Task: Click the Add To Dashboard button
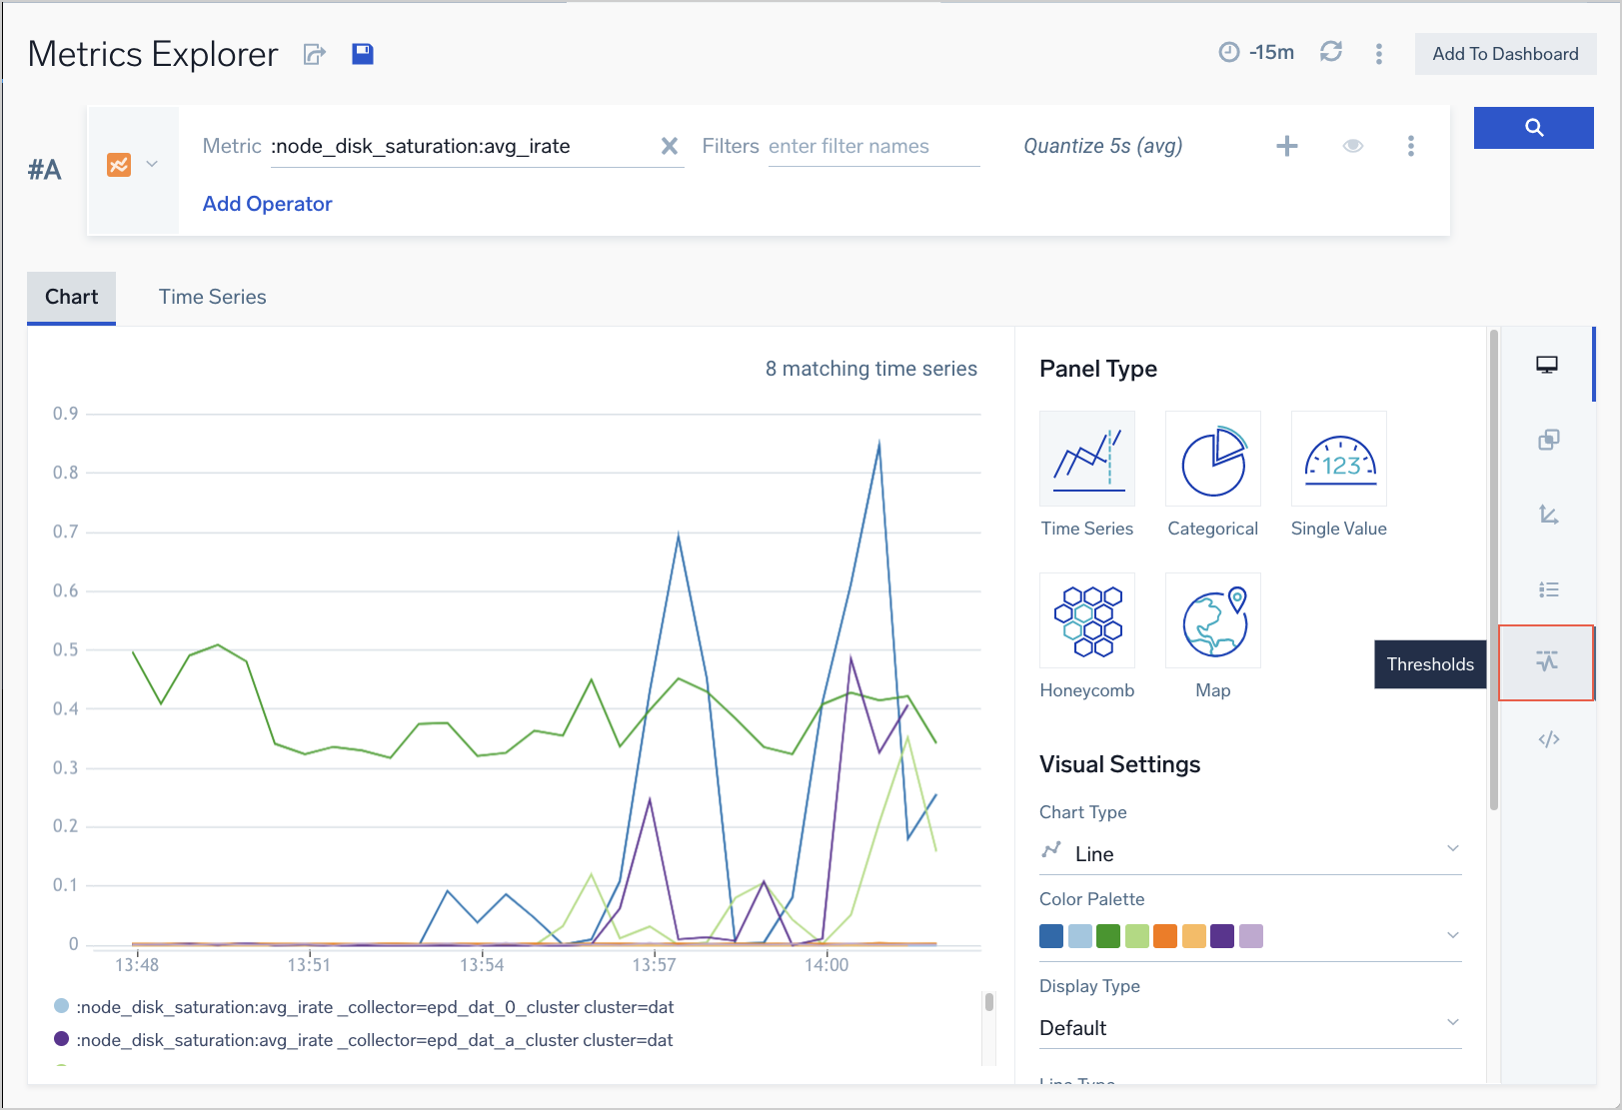tap(1505, 54)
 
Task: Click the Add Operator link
tap(267, 204)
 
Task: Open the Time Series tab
tap(212, 297)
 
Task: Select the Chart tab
tap(71, 297)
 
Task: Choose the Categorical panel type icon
tap(1212, 460)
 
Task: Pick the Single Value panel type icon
tap(1339, 460)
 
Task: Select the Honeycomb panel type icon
tap(1087, 620)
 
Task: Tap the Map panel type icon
tap(1212, 620)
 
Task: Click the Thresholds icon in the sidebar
tap(1546, 662)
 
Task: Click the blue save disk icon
tap(363, 54)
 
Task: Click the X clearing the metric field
tap(670, 147)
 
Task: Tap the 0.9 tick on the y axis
tap(66, 414)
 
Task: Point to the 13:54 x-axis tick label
tap(482, 965)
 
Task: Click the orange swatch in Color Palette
tap(1165, 936)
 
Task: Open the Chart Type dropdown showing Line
tap(1249, 853)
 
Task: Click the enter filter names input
tap(872, 147)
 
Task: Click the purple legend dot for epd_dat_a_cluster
tap(62, 1039)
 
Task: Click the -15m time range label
tap(1271, 53)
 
